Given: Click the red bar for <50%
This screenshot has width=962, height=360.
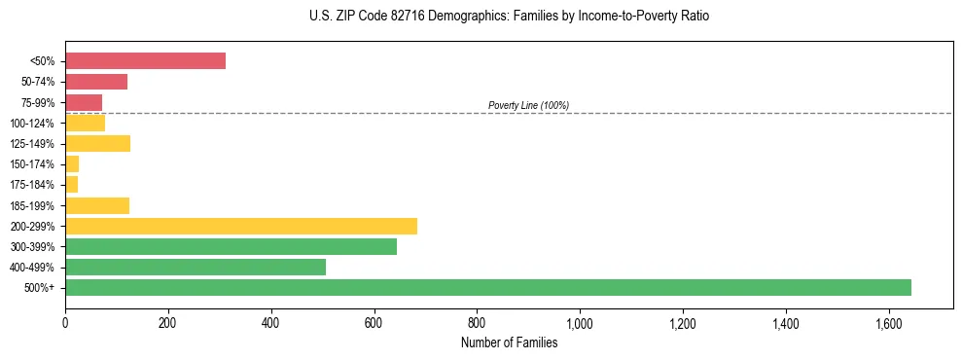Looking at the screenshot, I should point(145,61).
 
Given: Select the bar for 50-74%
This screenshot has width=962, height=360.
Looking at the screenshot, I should point(96,82).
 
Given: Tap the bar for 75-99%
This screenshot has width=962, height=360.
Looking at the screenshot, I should point(84,102).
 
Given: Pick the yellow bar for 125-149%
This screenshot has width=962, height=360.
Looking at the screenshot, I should point(97,144).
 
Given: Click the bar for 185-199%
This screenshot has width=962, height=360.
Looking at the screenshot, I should point(97,205).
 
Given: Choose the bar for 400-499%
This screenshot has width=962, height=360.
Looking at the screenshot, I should point(196,267).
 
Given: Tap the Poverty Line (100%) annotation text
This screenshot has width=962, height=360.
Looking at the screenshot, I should point(528,105).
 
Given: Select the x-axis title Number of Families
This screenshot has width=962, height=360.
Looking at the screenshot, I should point(509,342).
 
